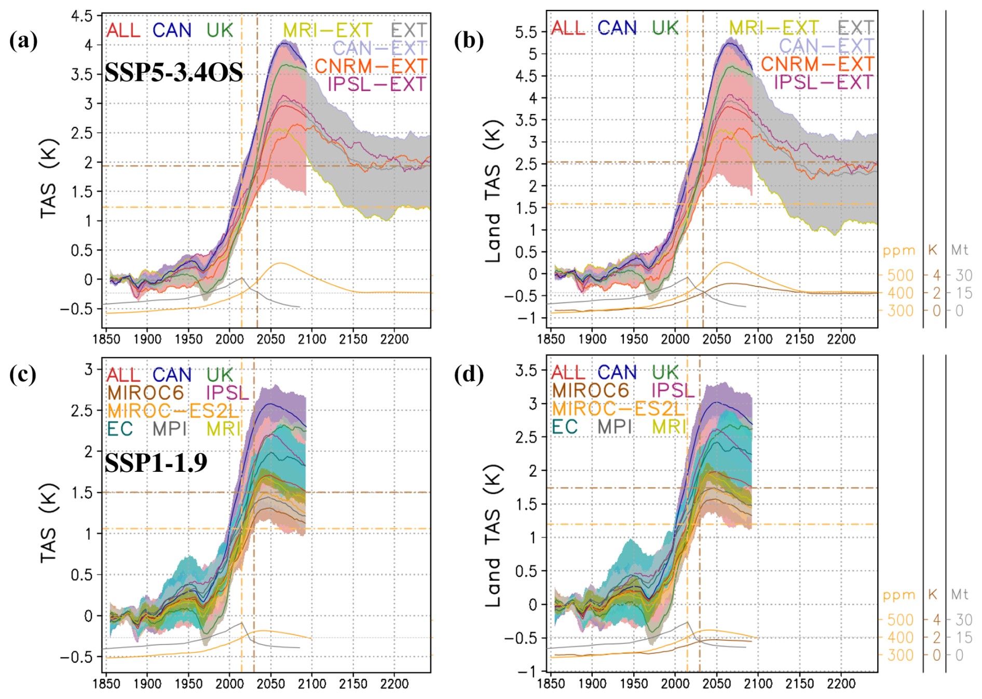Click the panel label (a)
tap(23, 40)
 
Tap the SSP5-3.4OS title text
tap(173, 73)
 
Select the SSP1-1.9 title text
tap(156, 462)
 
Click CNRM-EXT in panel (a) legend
tap(371, 66)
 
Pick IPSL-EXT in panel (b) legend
tap(824, 82)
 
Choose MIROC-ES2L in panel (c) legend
tap(173, 411)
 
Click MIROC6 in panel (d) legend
tap(590, 390)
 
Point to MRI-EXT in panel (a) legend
tap(328, 30)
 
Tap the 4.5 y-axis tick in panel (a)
tap(82, 16)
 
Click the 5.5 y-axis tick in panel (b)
tap(526, 32)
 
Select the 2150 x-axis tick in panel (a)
tap(353, 340)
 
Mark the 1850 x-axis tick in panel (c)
tap(106, 684)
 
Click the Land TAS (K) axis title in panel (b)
tap(493, 192)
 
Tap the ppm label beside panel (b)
tap(899, 250)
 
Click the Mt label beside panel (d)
tap(960, 594)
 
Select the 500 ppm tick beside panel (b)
tap(900, 275)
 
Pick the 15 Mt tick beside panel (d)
tap(964, 638)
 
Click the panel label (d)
tap(469, 374)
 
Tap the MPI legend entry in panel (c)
tap(169, 429)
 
